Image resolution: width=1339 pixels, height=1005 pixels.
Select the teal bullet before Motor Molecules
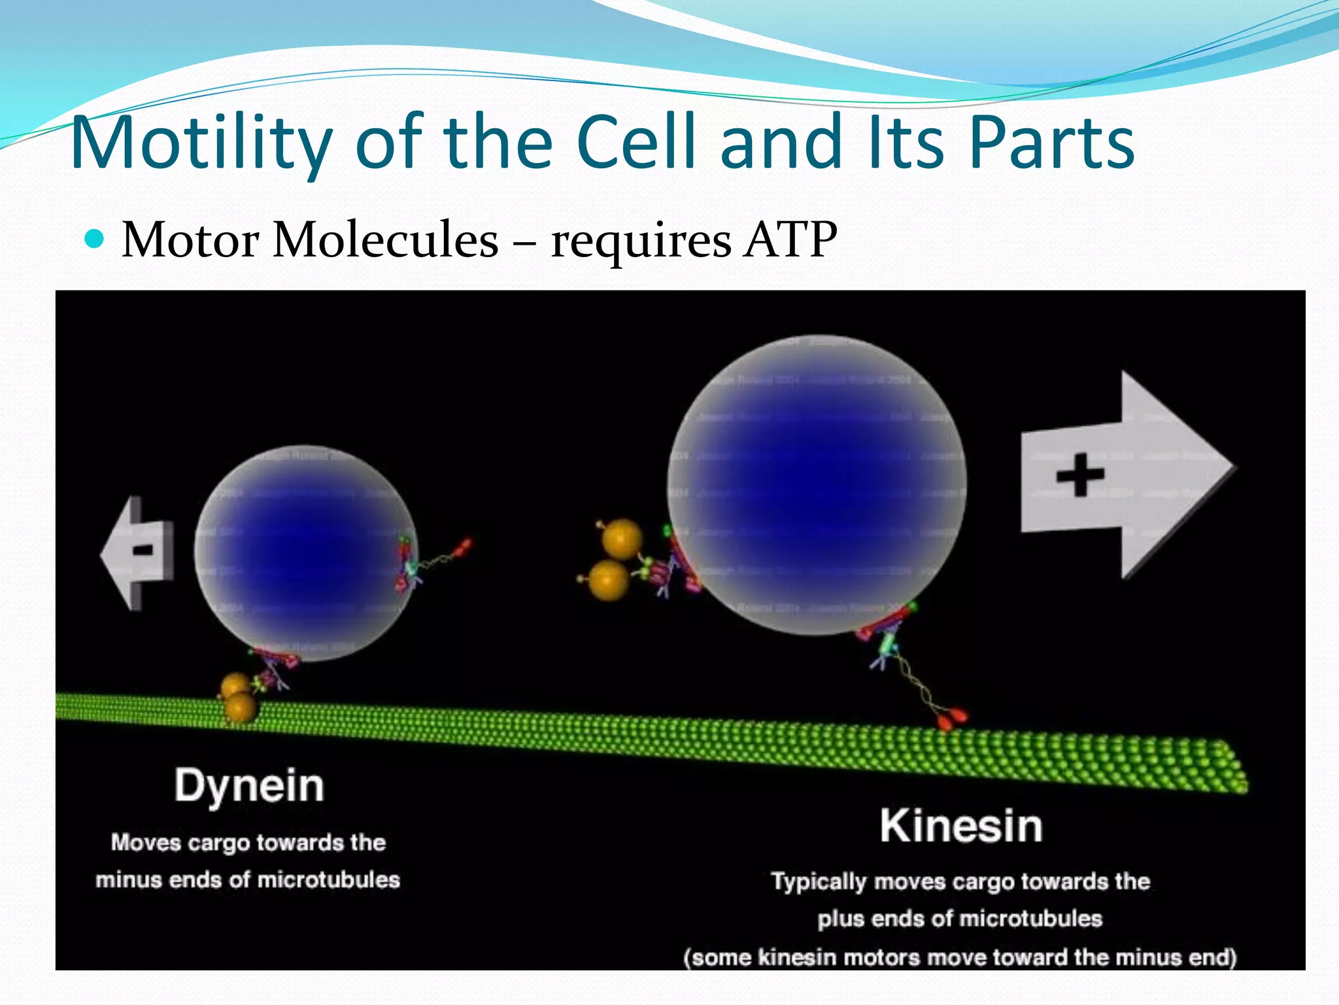[95, 240]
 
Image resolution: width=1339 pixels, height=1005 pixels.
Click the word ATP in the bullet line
[790, 240]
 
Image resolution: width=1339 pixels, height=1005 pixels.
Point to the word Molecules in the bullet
[386, 240]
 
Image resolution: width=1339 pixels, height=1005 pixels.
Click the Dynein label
[249, 786]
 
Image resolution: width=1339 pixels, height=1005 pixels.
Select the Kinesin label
[960, 826]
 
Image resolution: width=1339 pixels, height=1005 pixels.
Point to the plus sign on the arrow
[1080, 474]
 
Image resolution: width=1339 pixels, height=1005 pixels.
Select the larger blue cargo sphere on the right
[817, 484]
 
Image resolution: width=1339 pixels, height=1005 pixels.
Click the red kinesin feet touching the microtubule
[951, 718]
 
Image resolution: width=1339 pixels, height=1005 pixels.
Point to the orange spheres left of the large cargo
[615, 559]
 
